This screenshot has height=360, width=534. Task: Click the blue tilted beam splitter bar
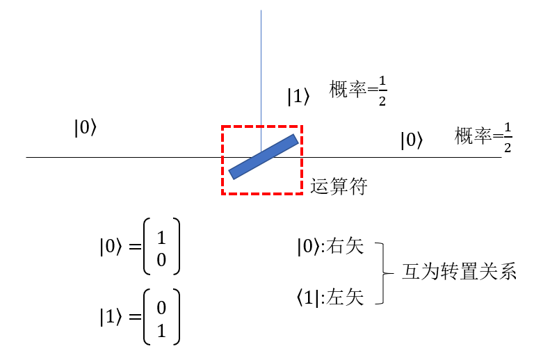point(264,156)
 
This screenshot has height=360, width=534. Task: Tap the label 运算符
point(339,186)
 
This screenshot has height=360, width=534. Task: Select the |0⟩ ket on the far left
point(86,128)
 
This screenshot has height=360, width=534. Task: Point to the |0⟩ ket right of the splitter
point(411,140)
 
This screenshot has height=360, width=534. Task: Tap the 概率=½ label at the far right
point(483,137)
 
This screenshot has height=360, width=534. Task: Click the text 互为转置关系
point(460,272)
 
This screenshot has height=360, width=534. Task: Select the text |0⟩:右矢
point(330,247)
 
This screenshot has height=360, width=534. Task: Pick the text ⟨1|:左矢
point(330,297)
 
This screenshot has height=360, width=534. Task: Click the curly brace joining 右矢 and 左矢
point(381,272)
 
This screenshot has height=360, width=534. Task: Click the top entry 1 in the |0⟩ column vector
point(161,238)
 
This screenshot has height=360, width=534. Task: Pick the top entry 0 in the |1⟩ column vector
point(161,307)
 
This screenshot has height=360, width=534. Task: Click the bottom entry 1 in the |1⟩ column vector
point(161,330)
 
